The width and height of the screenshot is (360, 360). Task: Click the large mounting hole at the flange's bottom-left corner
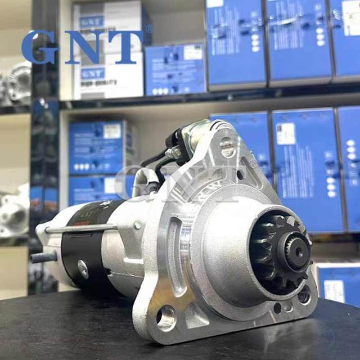(x=165, y=318)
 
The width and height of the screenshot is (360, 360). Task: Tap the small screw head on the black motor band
(x=83, y=268)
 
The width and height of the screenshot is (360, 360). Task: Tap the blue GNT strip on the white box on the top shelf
(x=92, y=74)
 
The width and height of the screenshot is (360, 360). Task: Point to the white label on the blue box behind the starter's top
(x=286, y=134)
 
